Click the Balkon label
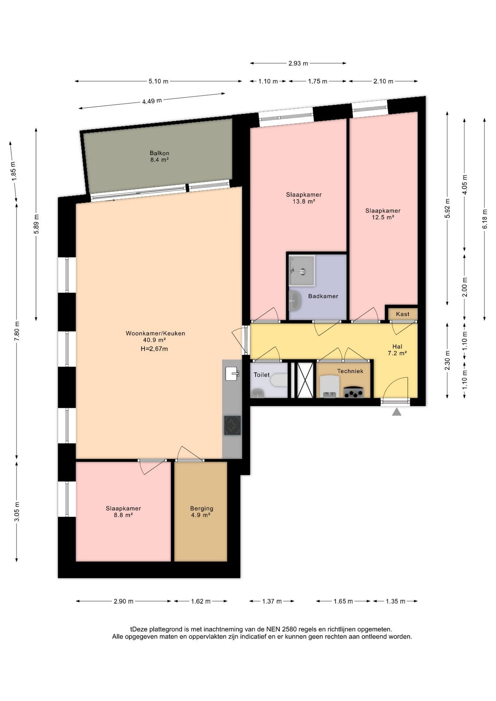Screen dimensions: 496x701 (x=159, y=153)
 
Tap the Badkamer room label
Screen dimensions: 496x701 (x=323, y=296)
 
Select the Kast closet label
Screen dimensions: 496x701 (x=402, y=314)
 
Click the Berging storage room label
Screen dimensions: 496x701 (x=202, y=508)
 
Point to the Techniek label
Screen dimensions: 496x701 (x=350, y=371)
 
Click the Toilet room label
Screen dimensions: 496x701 (x=262, y=375)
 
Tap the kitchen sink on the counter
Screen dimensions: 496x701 (x=232, y=374)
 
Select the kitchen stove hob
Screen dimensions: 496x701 (x=232, y=425)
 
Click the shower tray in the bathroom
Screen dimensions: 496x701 (x=302, y=271)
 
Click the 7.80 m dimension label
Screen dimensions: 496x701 (x=16, y=331)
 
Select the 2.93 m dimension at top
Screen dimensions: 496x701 (x=298, y=63)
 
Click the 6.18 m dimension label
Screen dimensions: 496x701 (x=485, y=219)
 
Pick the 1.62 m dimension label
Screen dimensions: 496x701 (x=201, y=601)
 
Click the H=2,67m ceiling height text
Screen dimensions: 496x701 (x=154, y=349)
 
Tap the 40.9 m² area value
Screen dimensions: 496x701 (x=154, y=340)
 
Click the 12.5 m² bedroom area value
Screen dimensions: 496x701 (x=383, y=217)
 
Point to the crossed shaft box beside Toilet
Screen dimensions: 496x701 (x=305, y=380)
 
